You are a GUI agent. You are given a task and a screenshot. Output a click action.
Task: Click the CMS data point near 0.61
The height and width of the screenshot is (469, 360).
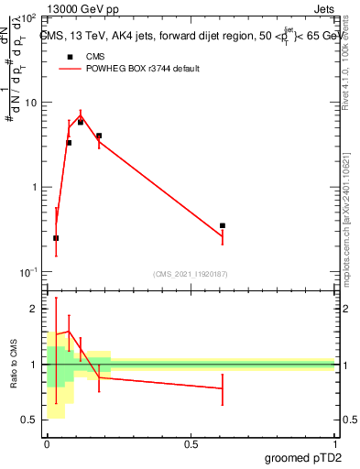pos(223,225)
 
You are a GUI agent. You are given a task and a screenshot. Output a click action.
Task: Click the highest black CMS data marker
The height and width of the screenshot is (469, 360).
pos(81,122)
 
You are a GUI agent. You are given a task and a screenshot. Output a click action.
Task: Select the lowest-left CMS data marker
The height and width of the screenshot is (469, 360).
pos(56,238)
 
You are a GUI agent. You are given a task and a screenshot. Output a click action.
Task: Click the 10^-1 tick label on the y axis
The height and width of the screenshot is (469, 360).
pos(29,272)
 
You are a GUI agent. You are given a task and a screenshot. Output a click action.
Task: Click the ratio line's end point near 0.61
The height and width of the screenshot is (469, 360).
pos(223,388)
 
